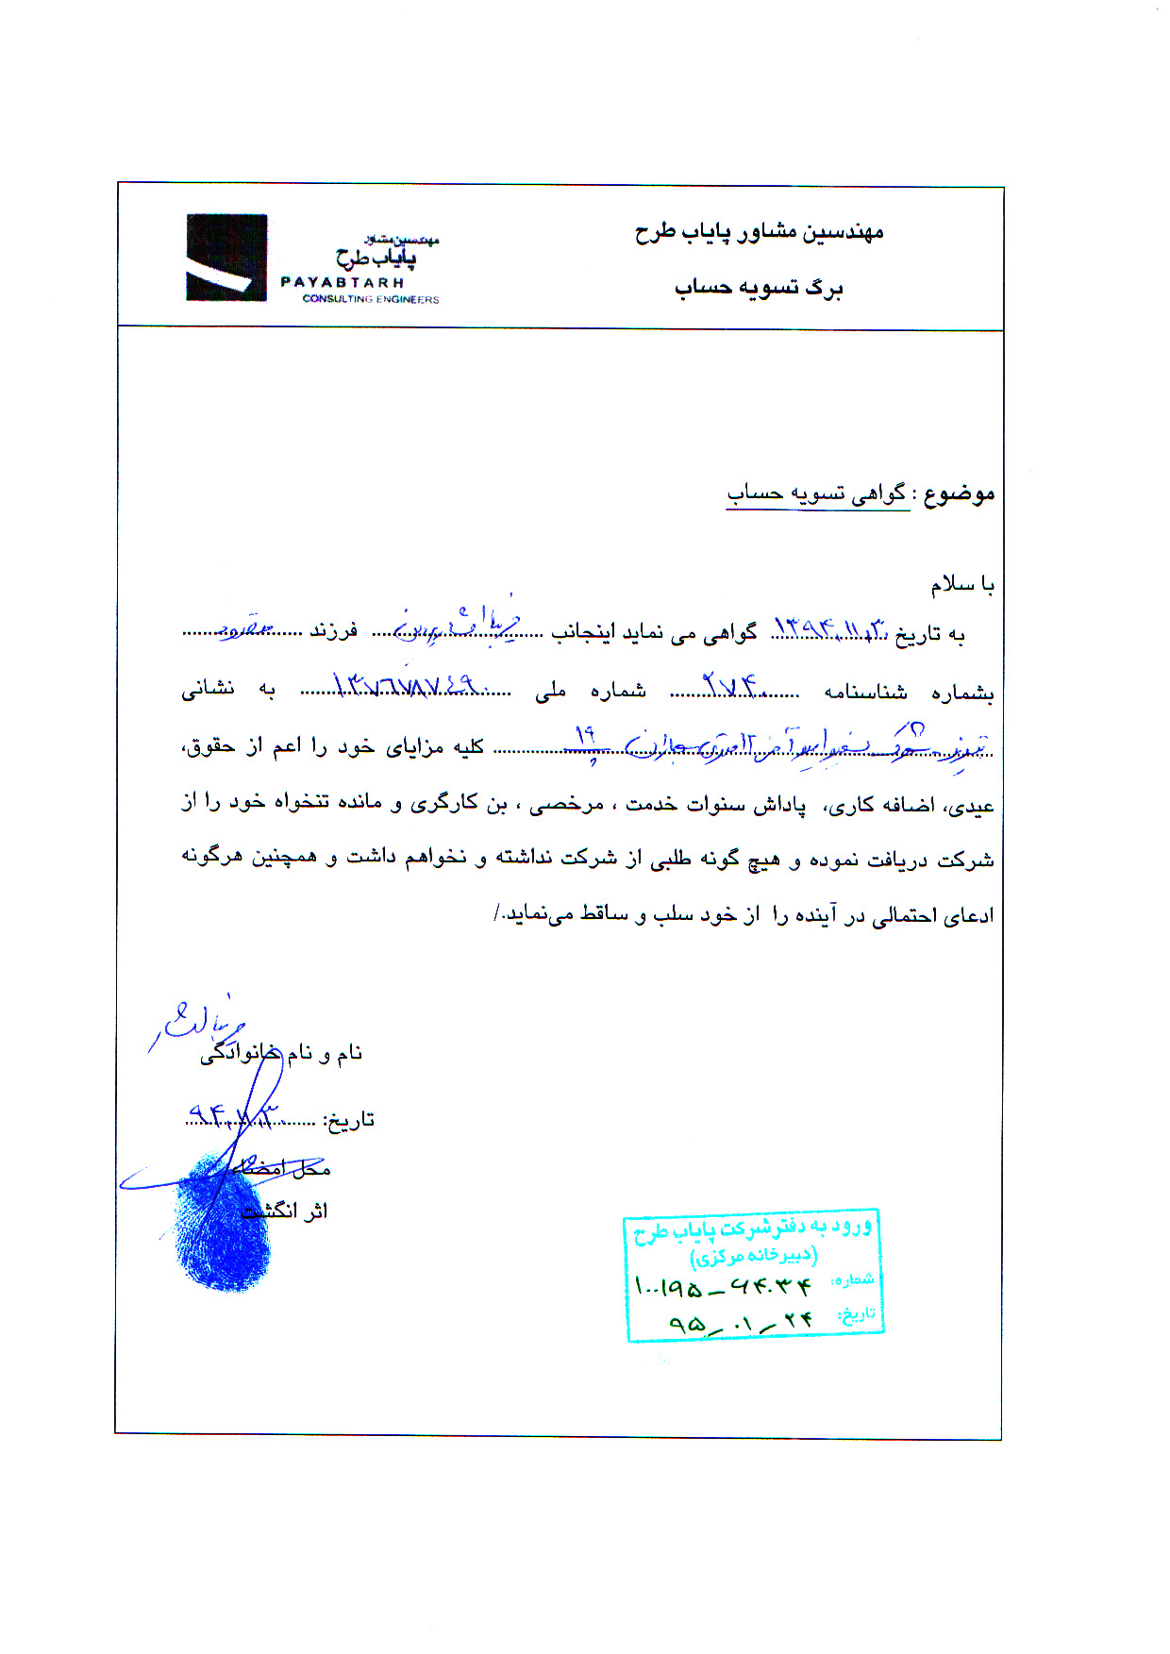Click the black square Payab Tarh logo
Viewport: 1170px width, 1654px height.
pyautogui.click(x=226, y=258)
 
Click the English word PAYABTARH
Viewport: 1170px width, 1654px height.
pyautogui.click(x=343, y=282)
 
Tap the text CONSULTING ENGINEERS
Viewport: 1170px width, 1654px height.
pyautogui.click(x=371, y=299)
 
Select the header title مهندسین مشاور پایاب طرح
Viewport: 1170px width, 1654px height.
pyautogui.click(x=759, y=231)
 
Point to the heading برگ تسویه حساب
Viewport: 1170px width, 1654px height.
pyautogui.click(x=759, y=288)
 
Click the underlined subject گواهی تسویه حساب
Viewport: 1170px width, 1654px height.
pyautogui.click(x=817, y=493)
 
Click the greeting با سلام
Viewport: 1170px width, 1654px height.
pyautogui.click(x=962, y=585)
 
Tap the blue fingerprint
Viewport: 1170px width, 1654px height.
pyautogui.click(x=223, y=1222)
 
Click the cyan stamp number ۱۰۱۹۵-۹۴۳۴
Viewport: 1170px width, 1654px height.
pyautogui.click(x=723, y=1285)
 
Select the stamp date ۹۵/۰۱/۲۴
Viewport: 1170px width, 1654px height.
pyautogui.click(x=740, y=1321)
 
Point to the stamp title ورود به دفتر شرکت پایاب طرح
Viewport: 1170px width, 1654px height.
pyautogui.click(x=753, y=1228)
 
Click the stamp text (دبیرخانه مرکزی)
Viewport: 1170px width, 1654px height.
pyautogui.click(x=753, y=1256)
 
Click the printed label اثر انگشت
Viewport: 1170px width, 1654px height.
pyautogui.click(x=285, y=1211)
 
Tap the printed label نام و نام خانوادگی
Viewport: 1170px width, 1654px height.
pyautogui.click(x=281, y=1054)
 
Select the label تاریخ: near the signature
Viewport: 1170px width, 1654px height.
pyautogui.click(x=349, y=1120)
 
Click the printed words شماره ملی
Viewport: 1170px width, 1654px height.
pyautogui.click(x=591, y=692)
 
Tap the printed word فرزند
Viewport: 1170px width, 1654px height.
pyautogui.click(x=334, y=631)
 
